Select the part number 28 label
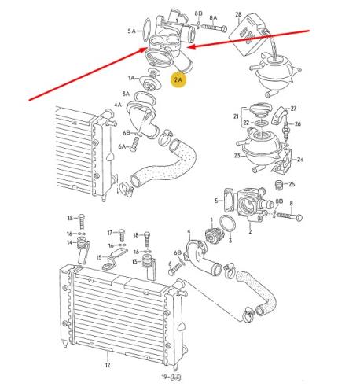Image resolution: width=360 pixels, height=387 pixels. click(x=240, y=13)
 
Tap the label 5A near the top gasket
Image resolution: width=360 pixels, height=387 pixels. click(x=131, y=31)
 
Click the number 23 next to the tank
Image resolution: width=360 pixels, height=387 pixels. click(x=236, y=156)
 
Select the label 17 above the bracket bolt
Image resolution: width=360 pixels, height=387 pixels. click(x=111, y=233)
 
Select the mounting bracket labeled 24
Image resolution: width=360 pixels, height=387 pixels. click(x=293, y=162)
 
